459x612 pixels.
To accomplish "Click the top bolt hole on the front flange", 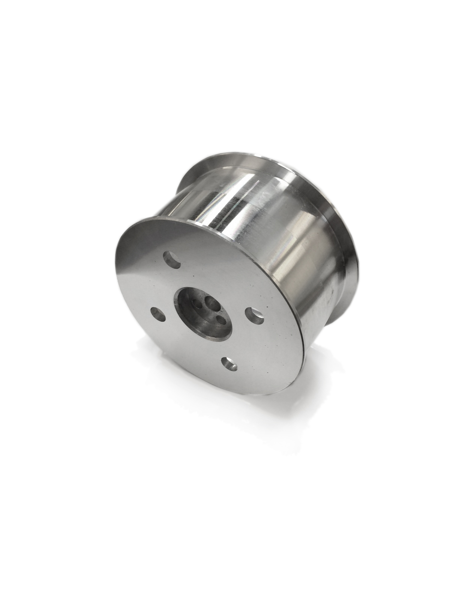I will pyautogui.click(x=172, y=259).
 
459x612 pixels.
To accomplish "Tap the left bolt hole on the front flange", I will pyautogui.click(x=158, y=314).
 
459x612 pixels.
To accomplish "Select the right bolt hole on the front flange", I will pyautogui.click(x=255, y=316).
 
